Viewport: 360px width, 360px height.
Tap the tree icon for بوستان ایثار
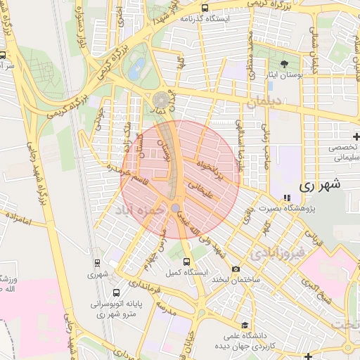(283, 64)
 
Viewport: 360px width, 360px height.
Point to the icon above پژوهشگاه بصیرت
(285, 198)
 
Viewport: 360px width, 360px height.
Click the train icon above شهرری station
(96, 264)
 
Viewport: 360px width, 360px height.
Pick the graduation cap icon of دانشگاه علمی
(244, 325)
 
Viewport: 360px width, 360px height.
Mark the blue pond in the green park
(139, 67)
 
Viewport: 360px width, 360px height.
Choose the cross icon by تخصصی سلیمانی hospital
(355, 135)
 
